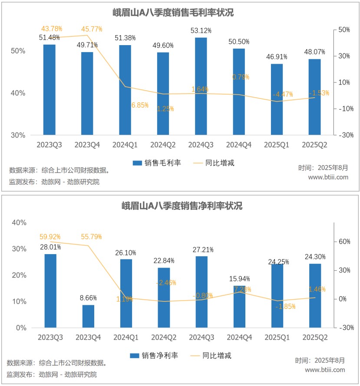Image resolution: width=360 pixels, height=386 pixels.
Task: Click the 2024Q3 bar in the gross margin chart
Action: pos(201,87)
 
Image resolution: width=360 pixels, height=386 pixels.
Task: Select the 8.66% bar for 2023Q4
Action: pos(88,317)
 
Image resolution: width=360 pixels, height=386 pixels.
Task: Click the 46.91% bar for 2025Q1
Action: pos(277,100)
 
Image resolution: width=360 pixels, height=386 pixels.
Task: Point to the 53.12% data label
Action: pos(201,31)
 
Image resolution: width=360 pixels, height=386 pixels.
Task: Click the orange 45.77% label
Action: pos(92,29)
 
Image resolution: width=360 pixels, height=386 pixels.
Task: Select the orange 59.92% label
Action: pos(50,237)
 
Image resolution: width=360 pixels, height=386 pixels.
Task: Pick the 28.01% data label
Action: pos(50,247)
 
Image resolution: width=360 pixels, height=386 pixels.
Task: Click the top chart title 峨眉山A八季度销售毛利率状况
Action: pos(180,13)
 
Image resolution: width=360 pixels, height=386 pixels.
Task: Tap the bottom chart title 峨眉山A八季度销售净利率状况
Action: pos(180,206)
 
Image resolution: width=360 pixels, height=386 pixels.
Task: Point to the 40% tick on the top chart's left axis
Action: pos(18,93)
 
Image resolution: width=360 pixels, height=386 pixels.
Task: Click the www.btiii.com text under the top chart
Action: pos(328,177)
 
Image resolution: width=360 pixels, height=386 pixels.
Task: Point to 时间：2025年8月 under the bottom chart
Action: pos(320,360)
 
